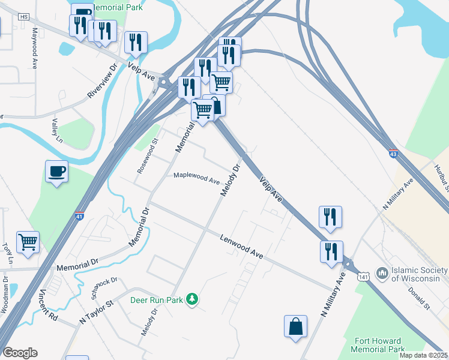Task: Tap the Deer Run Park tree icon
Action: pyautogui.click(x=191, y=299)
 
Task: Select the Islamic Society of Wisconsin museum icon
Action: pyautogui.click(x=382, y=274)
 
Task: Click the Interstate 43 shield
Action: pyautogui.click(x=393, y=154)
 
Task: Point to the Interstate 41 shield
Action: pyautogui.click(x=79, y=216)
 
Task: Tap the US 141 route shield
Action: pyautogui.click(x=363, y=276)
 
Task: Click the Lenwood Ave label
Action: pyautogui.click(x=241, y=246)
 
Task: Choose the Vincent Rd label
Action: pyautogui.click(x=48, y=306)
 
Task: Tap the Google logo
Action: pyautogui.click(x=20, y=353)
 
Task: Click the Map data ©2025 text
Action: pyautogui.click(x=424, y=355)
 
